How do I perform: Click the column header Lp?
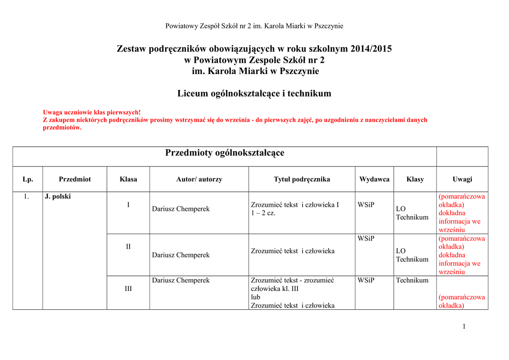pos(28,179)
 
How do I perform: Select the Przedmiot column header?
pos(75,179)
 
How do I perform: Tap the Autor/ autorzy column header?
pos(199,179)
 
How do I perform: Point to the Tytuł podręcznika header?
pos(302,179)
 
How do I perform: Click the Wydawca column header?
pos(374,179)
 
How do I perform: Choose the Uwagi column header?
pos(462,179)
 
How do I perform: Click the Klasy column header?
pos(415,179)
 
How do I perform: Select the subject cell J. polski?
pos(58,196)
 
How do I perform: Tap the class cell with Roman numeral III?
pos(128,288)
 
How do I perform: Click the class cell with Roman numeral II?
pos(128,247)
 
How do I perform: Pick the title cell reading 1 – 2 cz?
pos(263,213)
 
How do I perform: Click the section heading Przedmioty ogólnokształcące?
pos(225,153)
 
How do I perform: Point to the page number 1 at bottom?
pos(463,326)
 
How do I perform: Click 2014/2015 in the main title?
pos(371,49)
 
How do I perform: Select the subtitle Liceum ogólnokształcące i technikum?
pos(254,93)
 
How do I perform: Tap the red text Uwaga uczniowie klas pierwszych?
pos(92,112)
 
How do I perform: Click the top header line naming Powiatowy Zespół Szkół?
pos(254,26)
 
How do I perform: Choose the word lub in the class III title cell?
pos(255,297)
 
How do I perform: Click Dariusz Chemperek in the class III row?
pos(181,280)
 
